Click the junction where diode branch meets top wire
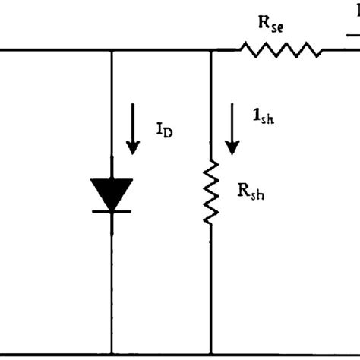(112, 51)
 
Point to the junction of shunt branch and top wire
(210, 51)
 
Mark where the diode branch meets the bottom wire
(112, 354)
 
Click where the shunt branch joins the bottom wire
(210, 354)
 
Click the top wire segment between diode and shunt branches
(161, 51)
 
